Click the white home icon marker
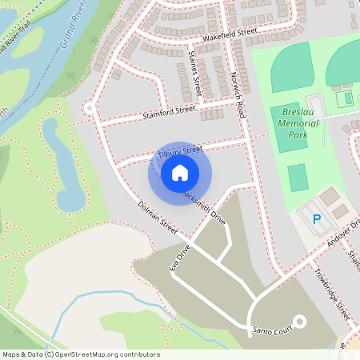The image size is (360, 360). coord(180,172)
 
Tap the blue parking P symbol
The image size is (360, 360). coord(316,218)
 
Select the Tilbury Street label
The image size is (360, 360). coord(181,150)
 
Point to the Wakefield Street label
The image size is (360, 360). coord(229,34)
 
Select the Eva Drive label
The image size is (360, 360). coord(179,258)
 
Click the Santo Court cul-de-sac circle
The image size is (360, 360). coord(300,322)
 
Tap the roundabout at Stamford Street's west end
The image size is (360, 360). coord(89,108)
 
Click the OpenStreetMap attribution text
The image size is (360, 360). coord(81,354)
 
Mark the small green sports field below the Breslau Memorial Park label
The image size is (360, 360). coord(298,177)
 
